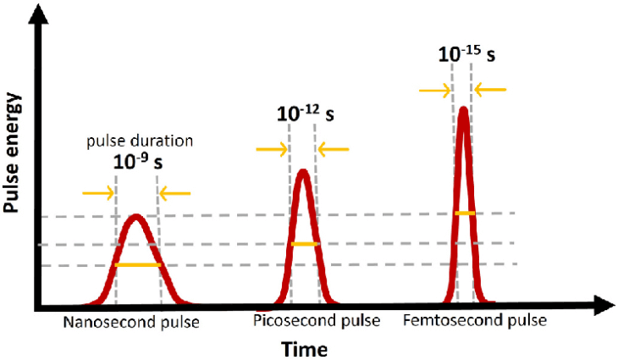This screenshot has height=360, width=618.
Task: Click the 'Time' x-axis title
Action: coord(306,348)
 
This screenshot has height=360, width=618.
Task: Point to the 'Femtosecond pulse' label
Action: coord(475,322)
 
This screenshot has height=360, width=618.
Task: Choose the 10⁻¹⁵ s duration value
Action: coord(466,55)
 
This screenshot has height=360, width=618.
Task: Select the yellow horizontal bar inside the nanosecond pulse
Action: coord(137,265)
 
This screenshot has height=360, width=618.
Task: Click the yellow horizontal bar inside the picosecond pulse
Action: coord(304,244)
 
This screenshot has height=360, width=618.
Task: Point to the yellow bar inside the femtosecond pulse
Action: coord(463,213)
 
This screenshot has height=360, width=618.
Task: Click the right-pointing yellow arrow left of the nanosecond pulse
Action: coord(99,193)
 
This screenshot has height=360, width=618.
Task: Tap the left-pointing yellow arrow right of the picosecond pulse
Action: coord(334,149)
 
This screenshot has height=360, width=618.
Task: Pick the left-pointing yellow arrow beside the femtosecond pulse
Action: coord(492,88)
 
